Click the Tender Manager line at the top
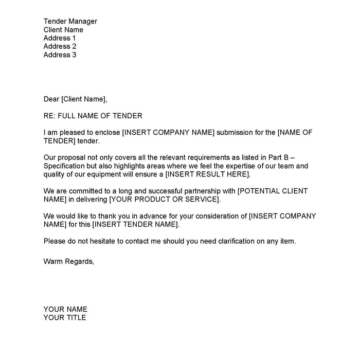pyautogui.click(x=70, y=21)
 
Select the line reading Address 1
pyautogui.click(x=60, y=38)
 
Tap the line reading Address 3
pyautogui.click(x=60, y=55)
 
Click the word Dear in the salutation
pyautogui.click(x=51, y=99)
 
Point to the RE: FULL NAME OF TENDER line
pyautogui.click(x=93, y=116)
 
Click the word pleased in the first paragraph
pyautogui.click(x=75, y=133)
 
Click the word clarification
pyautogui.click(x=241, y=241)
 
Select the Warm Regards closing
pyautogui.click(x=69, y=261)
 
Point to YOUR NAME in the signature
pyautogui.click(x=65, y=309)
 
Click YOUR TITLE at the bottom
pyautogui.click(x=65, y=317)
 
